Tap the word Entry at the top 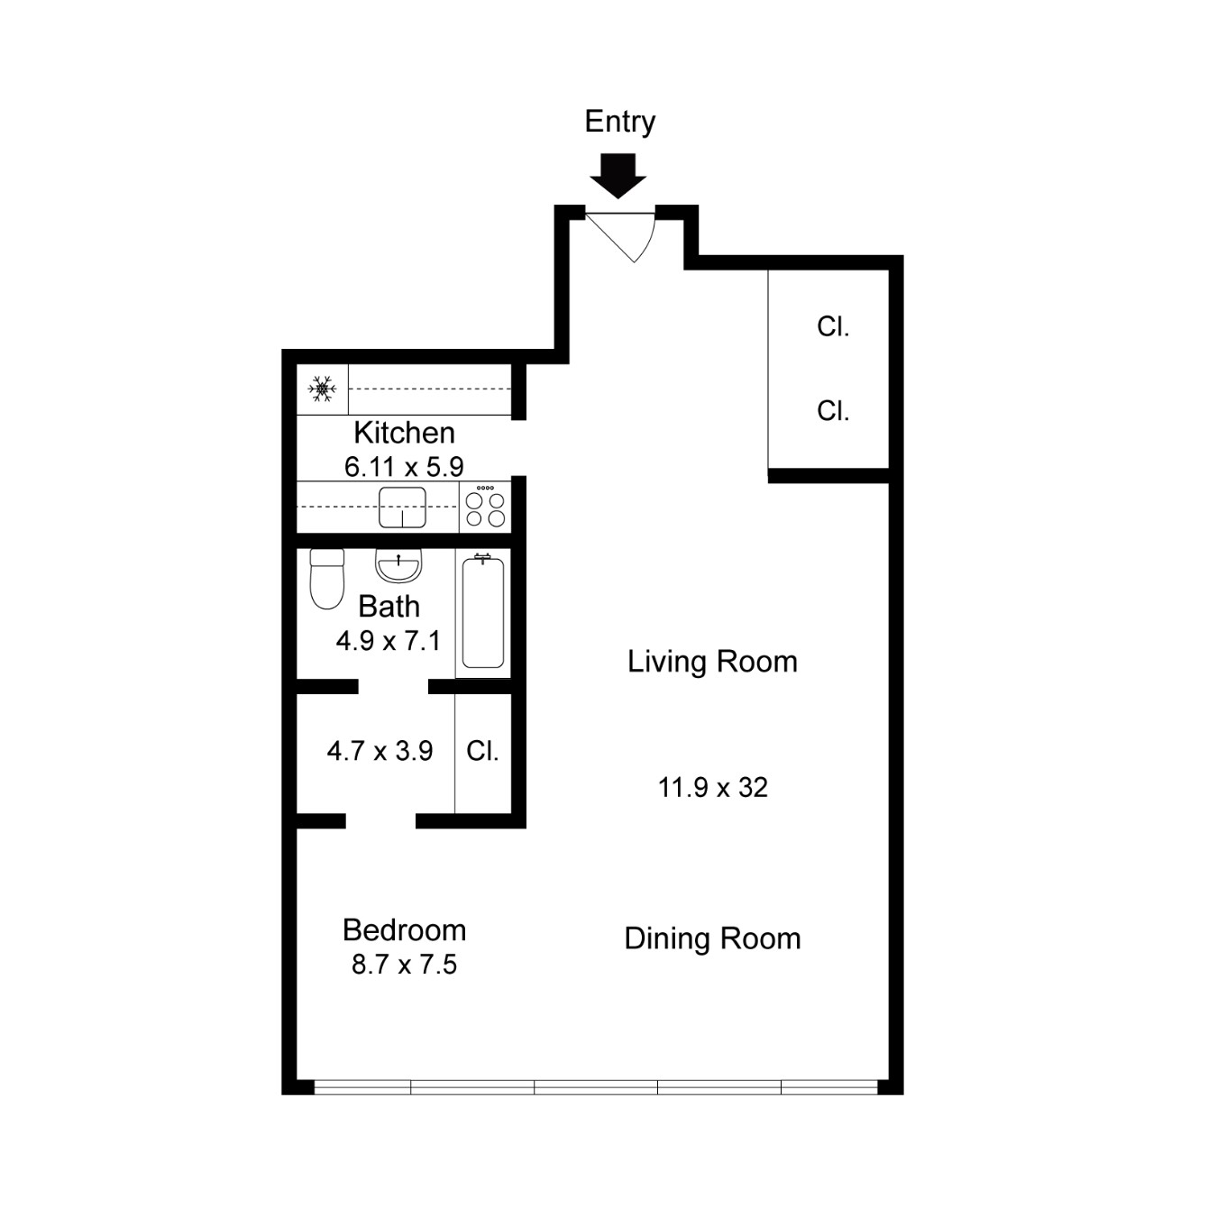pos(619,122)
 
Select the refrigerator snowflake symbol pos(322,389)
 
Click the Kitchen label pos(404,434)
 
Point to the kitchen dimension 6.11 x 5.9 pos(404,467)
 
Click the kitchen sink pos(402,508)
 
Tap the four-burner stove pos(485,507)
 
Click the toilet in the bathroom pos(327,579)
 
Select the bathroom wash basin pos(398,565)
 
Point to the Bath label pos(389,607)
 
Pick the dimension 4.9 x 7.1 pos(389,641)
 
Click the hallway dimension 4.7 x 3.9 pos(380,751)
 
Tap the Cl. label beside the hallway pos(482,751)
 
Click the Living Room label pos(712,662)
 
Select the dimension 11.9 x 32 pos(713,788)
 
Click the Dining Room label pos(712,938)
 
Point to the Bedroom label pos(404,930)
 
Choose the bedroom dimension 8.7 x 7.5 pos(404,965)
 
